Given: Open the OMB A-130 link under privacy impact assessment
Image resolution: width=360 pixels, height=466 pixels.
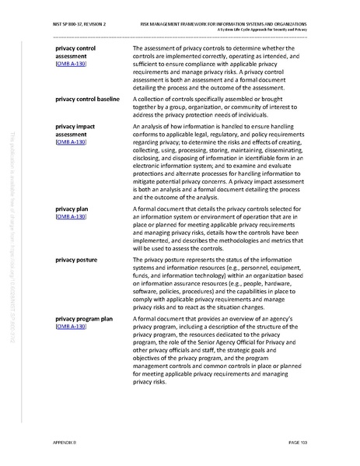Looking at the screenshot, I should (72, 144).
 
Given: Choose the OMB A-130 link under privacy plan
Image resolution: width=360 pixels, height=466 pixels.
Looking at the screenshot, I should (72, 218).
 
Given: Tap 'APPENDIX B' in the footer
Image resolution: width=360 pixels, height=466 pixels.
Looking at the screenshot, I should (68, 443).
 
